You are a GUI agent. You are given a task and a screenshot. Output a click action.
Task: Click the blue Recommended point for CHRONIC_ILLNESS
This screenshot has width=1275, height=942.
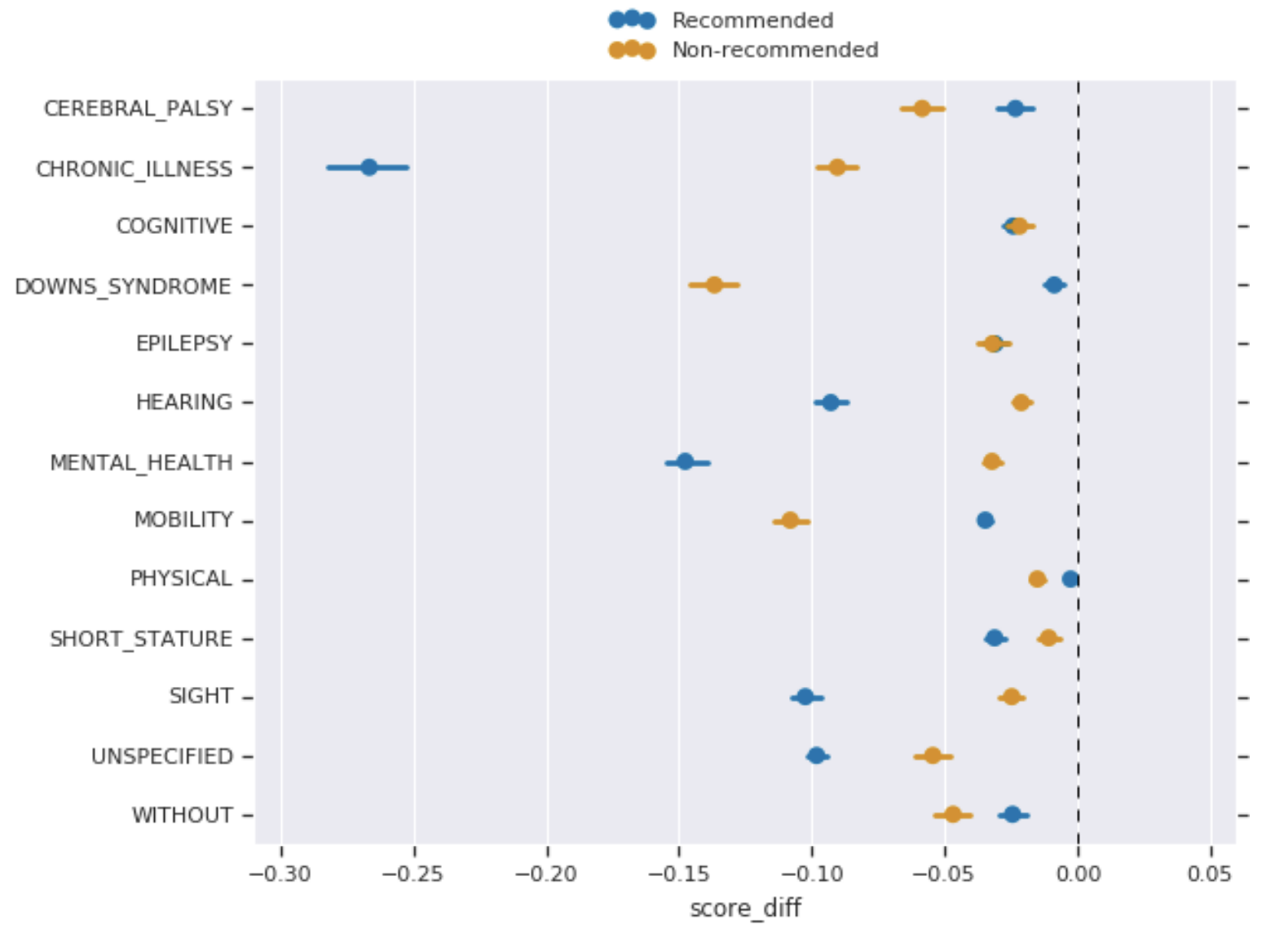coord(369,168)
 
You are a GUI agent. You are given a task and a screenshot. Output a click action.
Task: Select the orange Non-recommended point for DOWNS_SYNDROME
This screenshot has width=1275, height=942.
coord(714,285)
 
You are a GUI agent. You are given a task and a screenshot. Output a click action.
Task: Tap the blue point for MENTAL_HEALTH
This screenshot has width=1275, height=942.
coord(686,462)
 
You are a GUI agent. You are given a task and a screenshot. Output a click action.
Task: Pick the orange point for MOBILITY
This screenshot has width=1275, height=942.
coord(790,521)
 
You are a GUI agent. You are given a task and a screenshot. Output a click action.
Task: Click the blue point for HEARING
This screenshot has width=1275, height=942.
coord(831,403)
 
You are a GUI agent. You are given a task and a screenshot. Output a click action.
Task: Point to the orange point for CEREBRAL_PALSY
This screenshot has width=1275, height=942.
coord(922,109)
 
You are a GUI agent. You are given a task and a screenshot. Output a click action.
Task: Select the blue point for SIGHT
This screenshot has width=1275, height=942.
coord(805,697)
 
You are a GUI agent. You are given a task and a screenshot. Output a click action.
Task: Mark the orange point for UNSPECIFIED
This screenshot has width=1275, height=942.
coord(933,755)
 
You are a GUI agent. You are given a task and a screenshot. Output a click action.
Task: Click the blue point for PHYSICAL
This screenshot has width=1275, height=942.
coord(1070,579)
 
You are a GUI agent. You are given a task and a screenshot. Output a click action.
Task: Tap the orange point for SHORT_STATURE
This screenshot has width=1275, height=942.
coord(1049,638)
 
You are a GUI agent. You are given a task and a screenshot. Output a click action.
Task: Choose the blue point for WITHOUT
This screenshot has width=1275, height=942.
coord(1012,814)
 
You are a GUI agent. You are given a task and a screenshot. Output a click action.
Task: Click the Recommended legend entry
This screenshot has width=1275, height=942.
coord(752,20)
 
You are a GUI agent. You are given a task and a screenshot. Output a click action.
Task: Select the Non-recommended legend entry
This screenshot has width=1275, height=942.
coord(774,50)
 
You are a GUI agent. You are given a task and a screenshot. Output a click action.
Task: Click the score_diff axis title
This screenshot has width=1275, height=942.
coord(745,908)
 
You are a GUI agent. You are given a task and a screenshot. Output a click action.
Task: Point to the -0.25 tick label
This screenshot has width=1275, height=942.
coord(413,874)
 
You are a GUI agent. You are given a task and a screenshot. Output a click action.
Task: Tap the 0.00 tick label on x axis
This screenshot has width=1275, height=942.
coord(1078,874)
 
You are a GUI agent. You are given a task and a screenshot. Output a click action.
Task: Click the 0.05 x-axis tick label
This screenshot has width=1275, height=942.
coord(1210,874)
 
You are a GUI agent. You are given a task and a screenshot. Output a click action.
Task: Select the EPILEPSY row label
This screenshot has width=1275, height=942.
coord(184,344)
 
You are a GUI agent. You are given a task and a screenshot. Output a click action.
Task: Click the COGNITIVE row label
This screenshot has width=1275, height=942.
coord(174,227)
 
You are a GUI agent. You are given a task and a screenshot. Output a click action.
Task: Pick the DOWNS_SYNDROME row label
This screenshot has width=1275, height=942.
coord(123,287)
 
